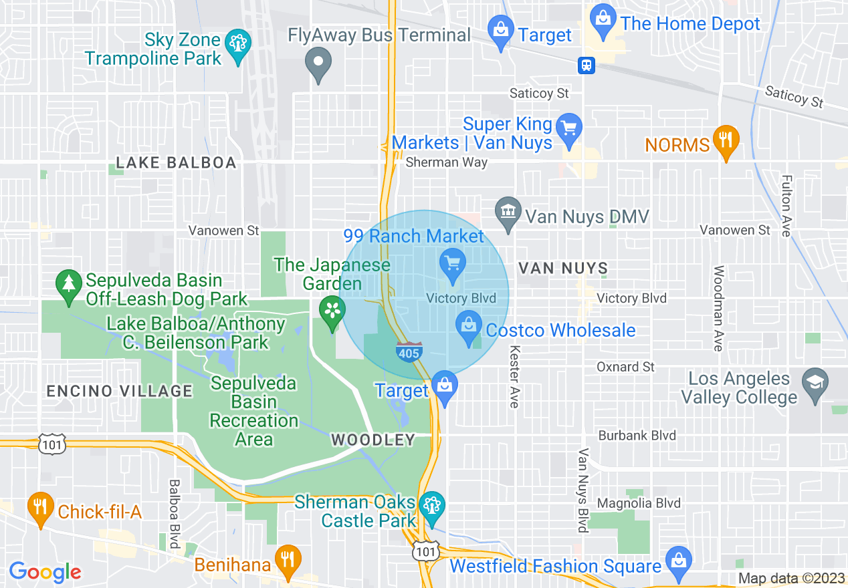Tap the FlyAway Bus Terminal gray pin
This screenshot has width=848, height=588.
coord(318,63)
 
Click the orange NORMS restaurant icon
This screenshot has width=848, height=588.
coord(724,140)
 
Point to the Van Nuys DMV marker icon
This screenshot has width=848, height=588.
coord(508,212)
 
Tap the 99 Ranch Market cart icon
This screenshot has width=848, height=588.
coord(453,262)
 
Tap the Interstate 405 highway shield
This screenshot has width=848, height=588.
coord(409,351)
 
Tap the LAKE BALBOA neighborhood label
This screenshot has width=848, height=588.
coord(176,162)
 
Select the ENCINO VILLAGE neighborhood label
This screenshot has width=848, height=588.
coord(120,391)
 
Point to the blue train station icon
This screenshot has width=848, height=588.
coord(587,65)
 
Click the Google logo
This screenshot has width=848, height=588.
coord(45,572)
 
